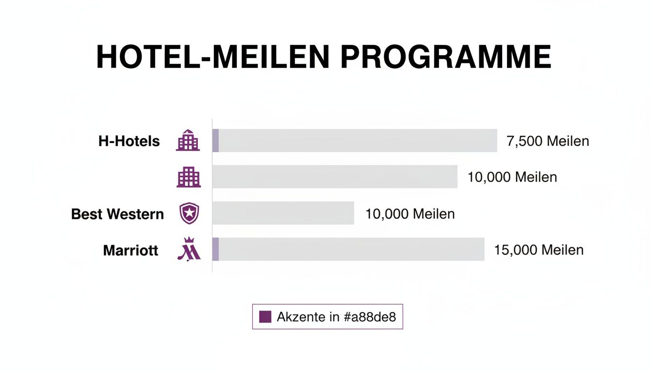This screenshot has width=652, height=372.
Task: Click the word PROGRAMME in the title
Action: (x=445, y=58)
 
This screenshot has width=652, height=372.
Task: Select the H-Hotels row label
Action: (x=129, y=141)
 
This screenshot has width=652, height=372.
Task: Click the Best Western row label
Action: (x=117, y=214)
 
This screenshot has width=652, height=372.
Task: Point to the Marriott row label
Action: (x=130, y=250)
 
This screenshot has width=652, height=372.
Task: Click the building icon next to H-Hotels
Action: (x=188, y=140)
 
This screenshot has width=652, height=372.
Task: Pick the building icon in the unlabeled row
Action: (x=188, y=177)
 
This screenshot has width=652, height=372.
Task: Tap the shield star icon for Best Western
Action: (x=189, y=213)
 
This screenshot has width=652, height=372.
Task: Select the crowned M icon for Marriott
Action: (x=188, y=249)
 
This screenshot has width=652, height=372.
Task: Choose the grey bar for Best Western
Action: (x=283, y=213)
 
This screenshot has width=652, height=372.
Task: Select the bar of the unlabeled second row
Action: (x=335, y=177)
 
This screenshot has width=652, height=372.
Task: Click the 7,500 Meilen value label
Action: (x=548, y=141)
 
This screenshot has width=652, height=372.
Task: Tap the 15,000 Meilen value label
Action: (x=538, y=250)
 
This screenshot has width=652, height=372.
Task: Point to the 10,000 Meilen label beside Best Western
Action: (x=410, y=214)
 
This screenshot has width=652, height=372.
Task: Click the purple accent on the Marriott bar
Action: (x=216, y=249)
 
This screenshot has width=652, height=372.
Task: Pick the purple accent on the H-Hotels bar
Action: (x=216, y=140)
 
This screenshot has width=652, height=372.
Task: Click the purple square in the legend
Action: (x=265, y=317)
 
